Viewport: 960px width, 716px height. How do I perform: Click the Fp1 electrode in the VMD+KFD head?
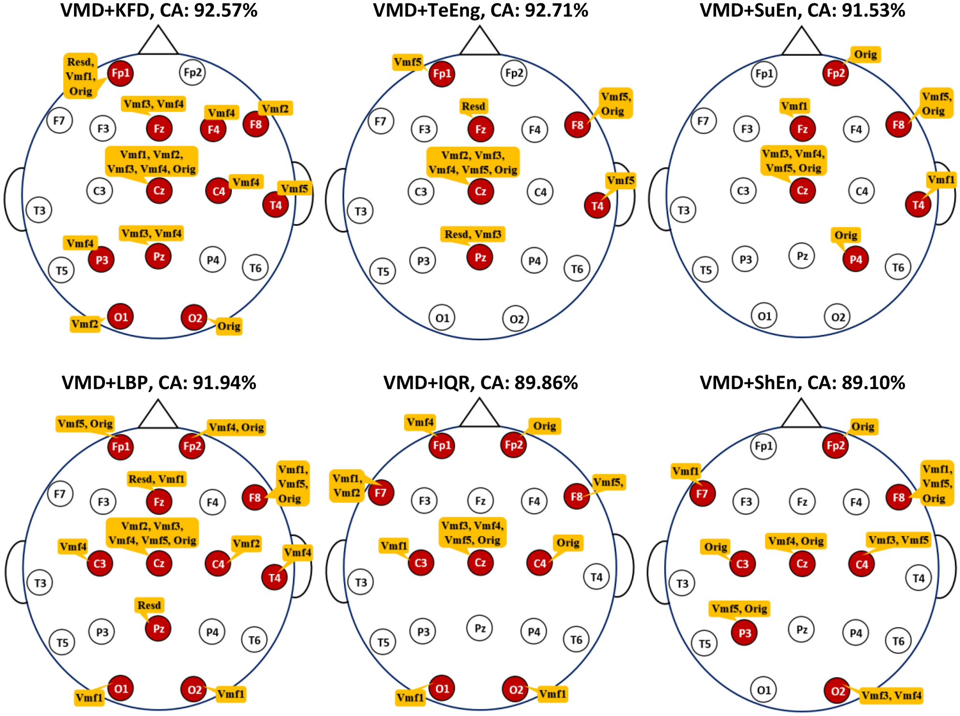120,73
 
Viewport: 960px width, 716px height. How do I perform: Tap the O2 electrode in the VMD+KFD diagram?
194,318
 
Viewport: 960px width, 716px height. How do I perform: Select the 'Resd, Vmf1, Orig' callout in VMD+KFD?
80,76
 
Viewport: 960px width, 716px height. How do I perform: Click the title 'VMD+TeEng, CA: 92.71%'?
480,11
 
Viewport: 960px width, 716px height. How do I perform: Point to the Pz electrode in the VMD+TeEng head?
480,257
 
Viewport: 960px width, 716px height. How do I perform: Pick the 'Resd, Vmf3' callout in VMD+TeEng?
473,234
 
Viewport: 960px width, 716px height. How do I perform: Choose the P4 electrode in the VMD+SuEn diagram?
855,259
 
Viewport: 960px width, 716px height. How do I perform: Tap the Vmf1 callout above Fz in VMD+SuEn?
794,106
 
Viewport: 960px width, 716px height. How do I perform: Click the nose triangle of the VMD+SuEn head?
801,43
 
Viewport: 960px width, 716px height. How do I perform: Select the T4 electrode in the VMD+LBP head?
274,578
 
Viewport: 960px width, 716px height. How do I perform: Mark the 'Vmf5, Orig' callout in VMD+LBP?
85,424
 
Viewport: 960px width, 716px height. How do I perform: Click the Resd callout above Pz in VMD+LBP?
149,605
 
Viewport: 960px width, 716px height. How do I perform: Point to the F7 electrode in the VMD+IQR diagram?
381,493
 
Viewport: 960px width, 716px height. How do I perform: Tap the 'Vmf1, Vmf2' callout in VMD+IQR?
347,486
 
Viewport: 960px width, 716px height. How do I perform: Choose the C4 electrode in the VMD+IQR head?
540,563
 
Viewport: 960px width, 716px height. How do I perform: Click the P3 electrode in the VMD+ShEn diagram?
745,633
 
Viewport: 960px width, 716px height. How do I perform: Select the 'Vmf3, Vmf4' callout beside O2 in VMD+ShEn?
891,696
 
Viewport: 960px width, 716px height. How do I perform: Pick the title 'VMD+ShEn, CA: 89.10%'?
802,383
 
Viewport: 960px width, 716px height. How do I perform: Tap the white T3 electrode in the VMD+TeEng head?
360,211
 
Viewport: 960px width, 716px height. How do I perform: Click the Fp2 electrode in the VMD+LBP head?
192,446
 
